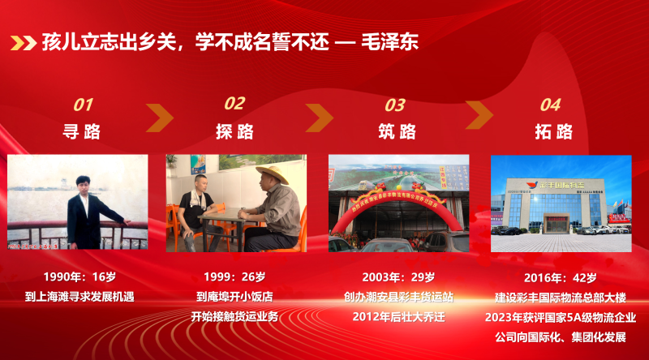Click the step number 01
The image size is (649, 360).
pos(84,105)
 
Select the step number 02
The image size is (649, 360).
pos(234,103)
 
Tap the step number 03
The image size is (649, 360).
pos(395,105)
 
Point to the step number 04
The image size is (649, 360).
pos(550,105)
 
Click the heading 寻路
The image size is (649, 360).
pos(83,131)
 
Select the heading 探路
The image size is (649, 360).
pos(234,131)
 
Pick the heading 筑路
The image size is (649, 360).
pos(397,131)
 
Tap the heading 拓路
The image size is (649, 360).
pos(553,131)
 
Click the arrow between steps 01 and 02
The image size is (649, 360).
pos(160,118)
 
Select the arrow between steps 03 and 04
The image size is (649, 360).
pos(479,118)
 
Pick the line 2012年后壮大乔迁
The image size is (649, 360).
pos(398,316)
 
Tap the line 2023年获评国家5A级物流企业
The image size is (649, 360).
pos(561,316)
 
